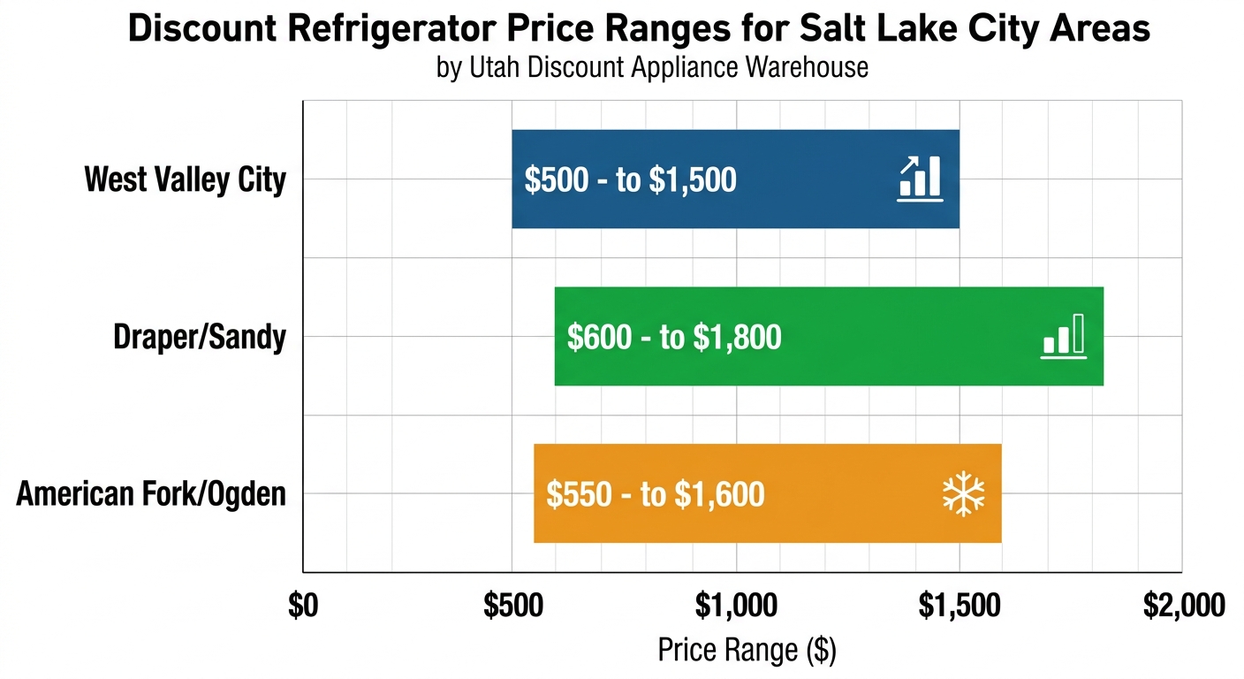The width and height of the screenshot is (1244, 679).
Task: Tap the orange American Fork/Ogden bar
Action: pos(848,493)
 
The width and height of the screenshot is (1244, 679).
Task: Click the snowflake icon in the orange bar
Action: pos(963,494)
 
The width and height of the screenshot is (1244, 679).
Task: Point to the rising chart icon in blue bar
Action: pos(920,179)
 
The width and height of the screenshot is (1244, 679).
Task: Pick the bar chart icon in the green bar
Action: pos(1063,337)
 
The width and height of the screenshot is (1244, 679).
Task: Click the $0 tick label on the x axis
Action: pos(303,607)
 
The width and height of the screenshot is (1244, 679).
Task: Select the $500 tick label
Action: pos(512,607)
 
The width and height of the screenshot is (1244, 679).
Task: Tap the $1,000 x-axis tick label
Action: pos(736,607)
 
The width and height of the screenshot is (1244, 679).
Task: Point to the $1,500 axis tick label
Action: pos(960,607)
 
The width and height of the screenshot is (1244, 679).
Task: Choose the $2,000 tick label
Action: pos(1184,607)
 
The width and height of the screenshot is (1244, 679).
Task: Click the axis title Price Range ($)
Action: pos(747,651)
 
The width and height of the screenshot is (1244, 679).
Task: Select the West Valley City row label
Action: pos(186,179)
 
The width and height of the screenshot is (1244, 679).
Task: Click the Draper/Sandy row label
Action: pos(201,337)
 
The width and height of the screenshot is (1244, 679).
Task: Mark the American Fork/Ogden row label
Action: pos(151,493)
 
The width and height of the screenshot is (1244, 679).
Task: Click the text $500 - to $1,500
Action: pos(630,180)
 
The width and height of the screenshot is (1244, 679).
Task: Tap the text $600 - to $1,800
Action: pos(674,338)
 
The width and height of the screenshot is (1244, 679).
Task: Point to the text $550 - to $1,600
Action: pos(655,494)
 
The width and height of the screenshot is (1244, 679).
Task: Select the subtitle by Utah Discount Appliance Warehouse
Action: pos(652,67)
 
